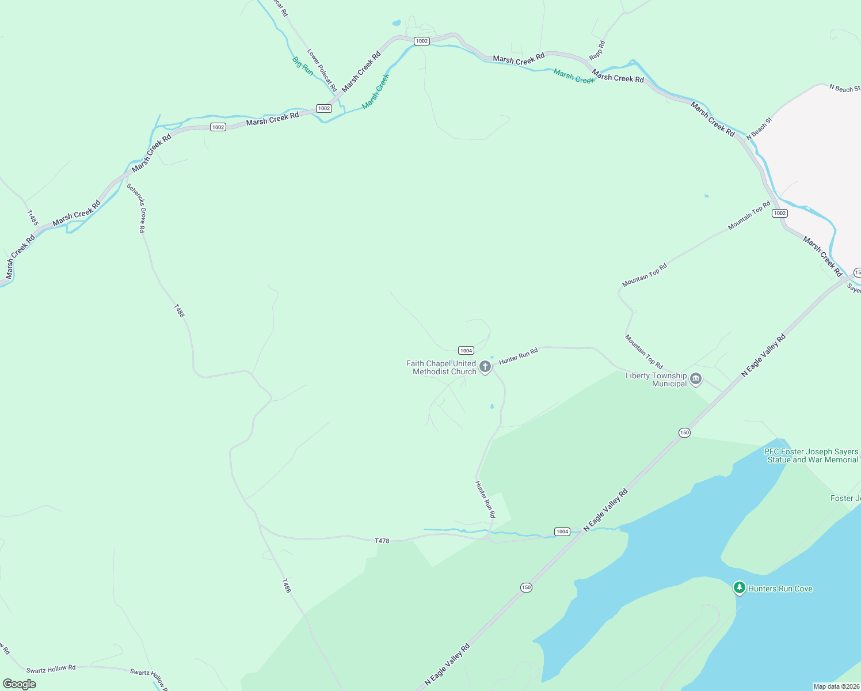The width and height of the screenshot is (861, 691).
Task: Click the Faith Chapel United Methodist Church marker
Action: (485, 367)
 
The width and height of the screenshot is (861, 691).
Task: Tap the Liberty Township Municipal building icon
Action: (696, 379)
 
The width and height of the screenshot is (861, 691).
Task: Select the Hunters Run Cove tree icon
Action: (739, 588)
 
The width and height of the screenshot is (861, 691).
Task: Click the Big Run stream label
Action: (303, 66)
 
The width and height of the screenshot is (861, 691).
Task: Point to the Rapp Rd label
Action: (597, 50)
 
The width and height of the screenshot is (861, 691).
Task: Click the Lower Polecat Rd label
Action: (322, 70)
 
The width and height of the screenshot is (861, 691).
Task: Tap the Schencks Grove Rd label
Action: (136, 208)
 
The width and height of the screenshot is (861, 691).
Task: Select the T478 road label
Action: (382, 541)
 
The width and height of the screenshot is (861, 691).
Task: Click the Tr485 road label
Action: (32, 217)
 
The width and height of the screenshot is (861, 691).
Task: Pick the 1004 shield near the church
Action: (466, 350)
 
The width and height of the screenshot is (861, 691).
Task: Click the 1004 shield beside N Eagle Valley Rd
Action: (562, 531)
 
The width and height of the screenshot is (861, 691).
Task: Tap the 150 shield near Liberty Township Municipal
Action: (684, 432)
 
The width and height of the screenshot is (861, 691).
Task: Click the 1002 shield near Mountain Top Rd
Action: (780, 213)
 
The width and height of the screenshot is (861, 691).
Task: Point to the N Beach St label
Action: (844, 88)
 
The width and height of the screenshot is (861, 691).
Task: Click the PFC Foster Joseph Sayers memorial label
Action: (812, 455)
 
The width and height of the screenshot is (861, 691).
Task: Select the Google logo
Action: (19, 684)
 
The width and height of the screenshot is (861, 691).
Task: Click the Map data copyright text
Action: (836, 686)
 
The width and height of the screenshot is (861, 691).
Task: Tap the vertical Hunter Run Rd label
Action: (485, 499)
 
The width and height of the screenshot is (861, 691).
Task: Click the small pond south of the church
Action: (492, 407)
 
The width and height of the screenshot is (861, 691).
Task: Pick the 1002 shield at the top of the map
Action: (422, 41)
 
